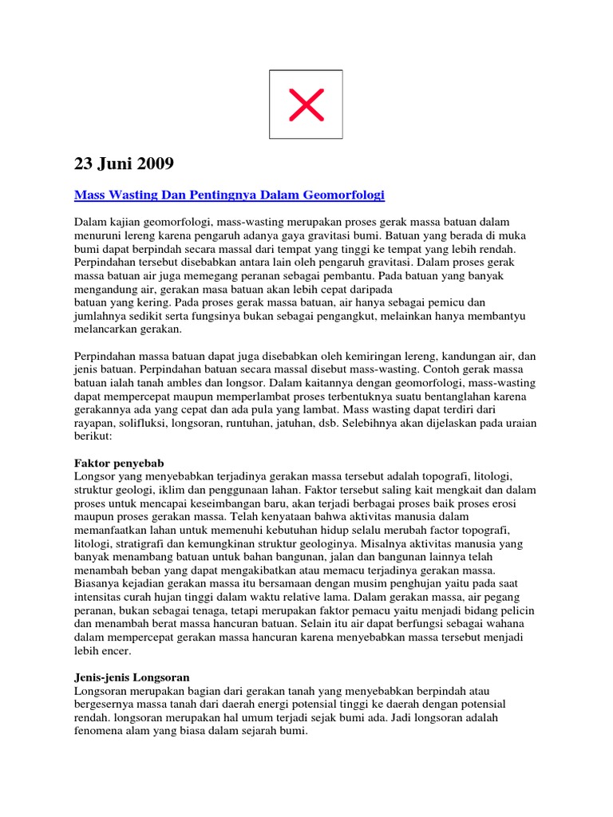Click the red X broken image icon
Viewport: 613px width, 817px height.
[x=306, y=105]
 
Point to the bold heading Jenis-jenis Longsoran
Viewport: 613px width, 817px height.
[x=132, y=677]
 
